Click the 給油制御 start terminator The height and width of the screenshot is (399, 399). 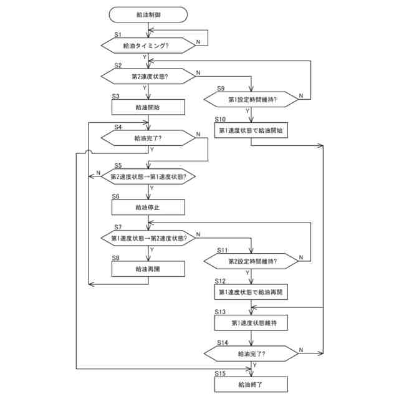[148, 14]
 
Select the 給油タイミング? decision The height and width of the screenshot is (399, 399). [148, 46]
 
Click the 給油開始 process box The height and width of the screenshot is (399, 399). [148, 107]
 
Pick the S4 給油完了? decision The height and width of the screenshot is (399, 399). [148, 138]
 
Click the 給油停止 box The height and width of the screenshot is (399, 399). [148, 206]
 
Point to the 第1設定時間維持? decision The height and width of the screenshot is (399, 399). [251, 99]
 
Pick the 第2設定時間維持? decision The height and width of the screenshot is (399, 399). [251, 261]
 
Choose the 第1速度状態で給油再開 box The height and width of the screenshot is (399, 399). [251, 292]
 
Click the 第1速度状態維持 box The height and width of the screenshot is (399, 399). [251, 322]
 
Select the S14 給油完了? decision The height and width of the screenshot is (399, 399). [251, 353]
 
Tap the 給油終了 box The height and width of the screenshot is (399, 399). [251, 384]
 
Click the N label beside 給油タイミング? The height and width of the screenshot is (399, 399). [198, 41]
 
